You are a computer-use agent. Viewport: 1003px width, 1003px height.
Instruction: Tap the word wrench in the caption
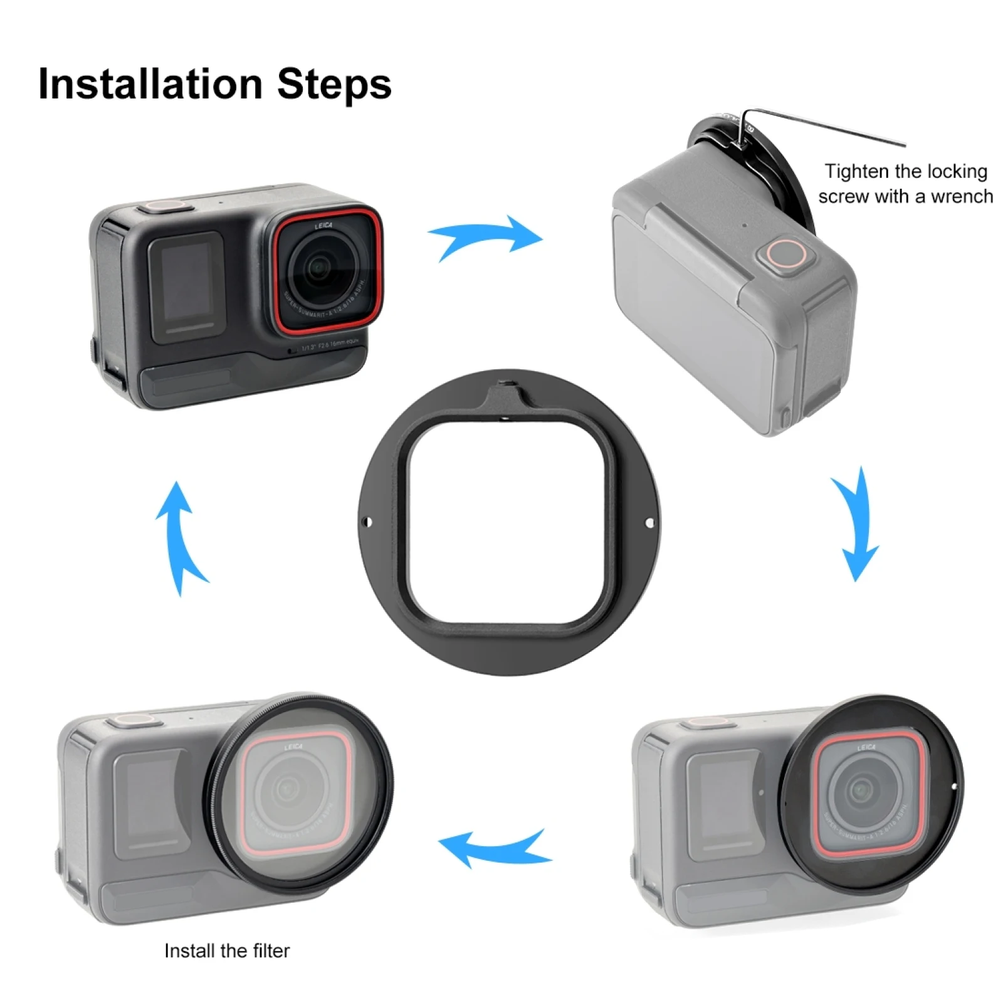pos(962,197)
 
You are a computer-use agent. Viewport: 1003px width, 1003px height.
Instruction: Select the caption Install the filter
pos(227,951)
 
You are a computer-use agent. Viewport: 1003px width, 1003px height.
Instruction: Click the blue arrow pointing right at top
pos(486,238)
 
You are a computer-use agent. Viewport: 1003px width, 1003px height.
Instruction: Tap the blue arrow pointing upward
pos(179,536)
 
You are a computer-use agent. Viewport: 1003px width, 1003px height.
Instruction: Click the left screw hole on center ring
pos(368,522)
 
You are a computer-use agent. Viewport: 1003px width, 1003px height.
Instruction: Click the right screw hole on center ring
pos(649,522)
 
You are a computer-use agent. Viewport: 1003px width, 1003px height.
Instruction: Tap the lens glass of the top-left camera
pos(320,269)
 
